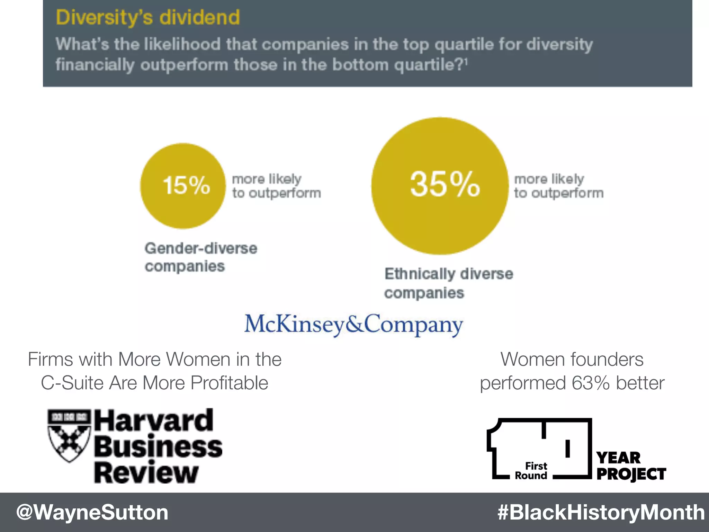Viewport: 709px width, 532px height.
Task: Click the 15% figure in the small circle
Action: [x=186, y=185]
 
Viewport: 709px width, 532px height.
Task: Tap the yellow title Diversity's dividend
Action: [x=148, y=17]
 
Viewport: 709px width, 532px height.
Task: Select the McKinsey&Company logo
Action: [x=353, y=324]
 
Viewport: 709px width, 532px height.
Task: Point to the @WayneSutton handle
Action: [x=92, y=512]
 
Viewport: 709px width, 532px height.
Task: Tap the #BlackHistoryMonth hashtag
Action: [x=601, y=512]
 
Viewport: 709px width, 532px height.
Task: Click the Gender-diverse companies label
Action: [x=201, y=257]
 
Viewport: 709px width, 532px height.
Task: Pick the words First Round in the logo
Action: [x=531, y=471]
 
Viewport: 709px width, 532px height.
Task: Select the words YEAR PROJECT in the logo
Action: [x=631, y=466]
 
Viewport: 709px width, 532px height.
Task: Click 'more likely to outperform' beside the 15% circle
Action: [x=276, y=186]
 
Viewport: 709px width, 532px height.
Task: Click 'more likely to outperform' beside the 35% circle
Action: [x=558, y=186]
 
